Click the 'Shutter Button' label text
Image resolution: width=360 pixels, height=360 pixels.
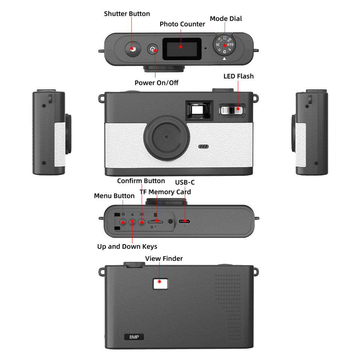(x=127, y=14)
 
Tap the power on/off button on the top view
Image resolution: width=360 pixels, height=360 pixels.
(x=152, y=49)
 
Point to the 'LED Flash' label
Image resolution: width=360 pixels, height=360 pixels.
(x=238, y=76)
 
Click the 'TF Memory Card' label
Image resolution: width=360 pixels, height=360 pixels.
(x=165, y=192)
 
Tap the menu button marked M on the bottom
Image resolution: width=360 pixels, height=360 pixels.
(x=123, y=222)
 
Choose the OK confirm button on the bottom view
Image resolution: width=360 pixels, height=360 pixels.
(x=141, y=222)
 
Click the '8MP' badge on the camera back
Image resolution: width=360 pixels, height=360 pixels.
(x=134, y=337)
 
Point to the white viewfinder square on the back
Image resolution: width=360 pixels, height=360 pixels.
(x=160, y=282)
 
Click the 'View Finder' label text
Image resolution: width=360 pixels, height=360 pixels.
(x=164, y=258)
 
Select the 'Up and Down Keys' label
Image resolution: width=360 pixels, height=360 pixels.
(x=127, y=246)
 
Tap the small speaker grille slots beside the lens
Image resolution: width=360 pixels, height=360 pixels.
(x=203, y=146)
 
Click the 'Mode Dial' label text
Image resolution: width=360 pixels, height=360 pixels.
(x=226, y=19)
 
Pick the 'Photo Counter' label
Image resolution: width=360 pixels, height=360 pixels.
(x=182, y=24)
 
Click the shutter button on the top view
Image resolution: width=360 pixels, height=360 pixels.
(x=132, y=49)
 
